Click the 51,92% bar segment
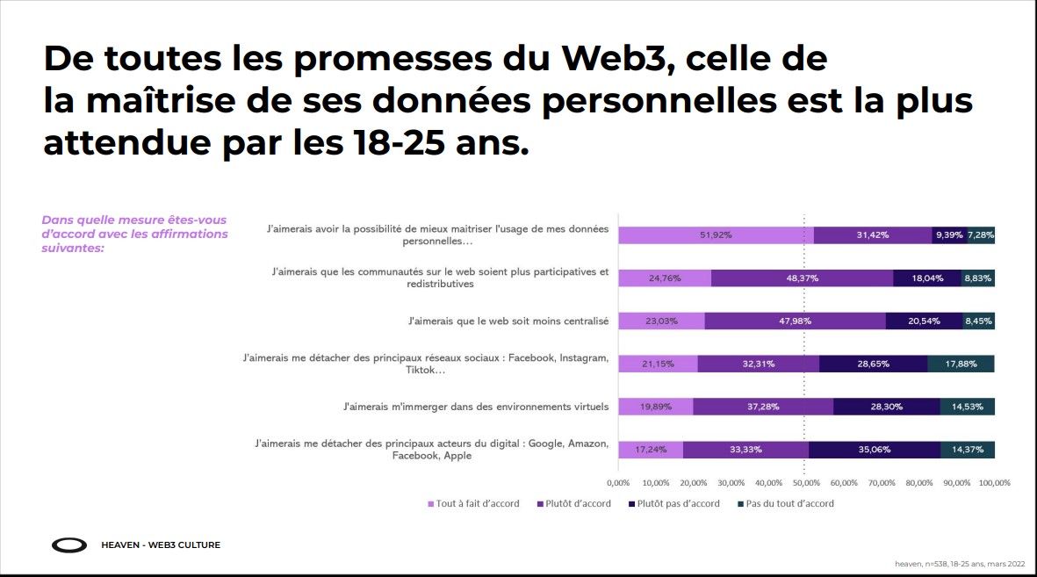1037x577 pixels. click(x=716, y=235)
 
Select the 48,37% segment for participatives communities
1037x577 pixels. click(x=802, y=278)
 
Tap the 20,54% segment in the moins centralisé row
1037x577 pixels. click(x=924, y=321)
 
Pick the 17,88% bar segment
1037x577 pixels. click(x=961, y=364)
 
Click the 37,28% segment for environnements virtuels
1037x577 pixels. click(x=763, y=407)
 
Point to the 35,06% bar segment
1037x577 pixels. click(x=874, y=450)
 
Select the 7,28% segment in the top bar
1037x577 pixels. click(x=981, y=235)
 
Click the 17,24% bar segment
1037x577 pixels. click(x=651, y=450)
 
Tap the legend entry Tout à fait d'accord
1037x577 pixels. click(x=473, y=504)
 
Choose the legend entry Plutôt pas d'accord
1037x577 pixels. click(x=673, y=504)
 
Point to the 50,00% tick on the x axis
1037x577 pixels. click(x=806, y=482)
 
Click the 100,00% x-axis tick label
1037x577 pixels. click(x=994, y=482)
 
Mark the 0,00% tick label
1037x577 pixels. click(x=618, y=482)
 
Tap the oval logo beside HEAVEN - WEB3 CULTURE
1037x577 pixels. click(x=69, y=545)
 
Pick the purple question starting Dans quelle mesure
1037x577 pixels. click(x=134, y=234)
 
